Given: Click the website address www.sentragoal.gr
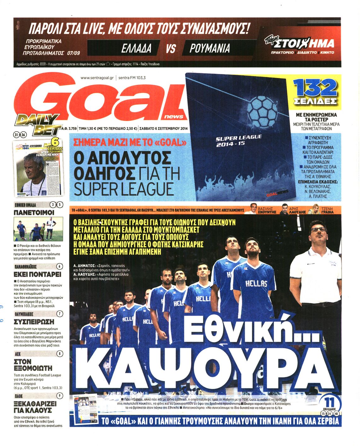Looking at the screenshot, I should click(97, 78).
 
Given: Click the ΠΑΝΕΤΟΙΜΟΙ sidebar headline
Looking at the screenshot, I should click(34, 213).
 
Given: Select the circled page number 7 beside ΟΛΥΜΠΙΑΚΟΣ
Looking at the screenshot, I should click(59, 314).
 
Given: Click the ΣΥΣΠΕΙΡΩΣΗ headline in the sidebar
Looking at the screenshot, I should click(34, 322).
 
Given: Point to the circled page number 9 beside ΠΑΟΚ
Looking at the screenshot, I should click(59, 396).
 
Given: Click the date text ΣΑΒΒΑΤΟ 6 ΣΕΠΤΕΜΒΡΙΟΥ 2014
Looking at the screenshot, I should click(163, 128).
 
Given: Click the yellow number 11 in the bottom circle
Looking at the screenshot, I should click(329, 402).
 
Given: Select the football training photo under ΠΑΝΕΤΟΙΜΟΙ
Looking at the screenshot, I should click(38, 229).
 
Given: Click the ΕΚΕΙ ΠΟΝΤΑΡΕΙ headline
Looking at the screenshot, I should click(38, 274).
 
